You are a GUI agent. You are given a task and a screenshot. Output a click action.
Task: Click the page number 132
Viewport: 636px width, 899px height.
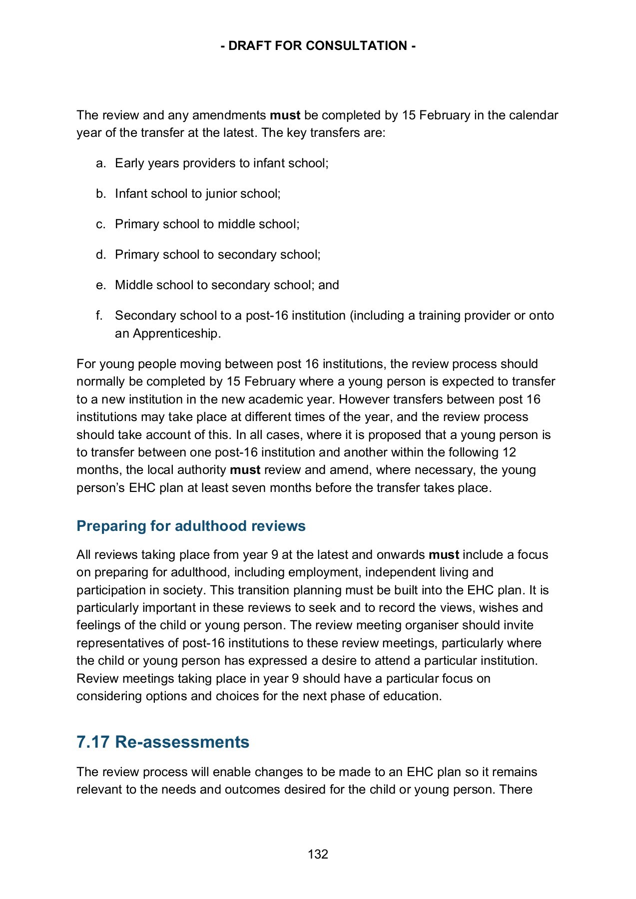coord(318,854)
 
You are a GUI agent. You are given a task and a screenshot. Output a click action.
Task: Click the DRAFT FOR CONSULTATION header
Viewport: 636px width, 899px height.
coord(318,46)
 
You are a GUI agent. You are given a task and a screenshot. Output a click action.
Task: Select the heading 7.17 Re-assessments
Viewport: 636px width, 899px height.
coord(162,742)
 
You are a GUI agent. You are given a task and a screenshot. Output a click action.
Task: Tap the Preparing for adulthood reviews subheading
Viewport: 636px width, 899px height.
coord(191,526)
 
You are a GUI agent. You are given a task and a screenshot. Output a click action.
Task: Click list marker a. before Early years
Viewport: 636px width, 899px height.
coord(101,163)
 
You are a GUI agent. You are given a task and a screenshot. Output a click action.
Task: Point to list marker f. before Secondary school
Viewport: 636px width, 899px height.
coord(99,316)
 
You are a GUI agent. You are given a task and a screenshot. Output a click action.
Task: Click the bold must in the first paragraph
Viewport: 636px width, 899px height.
coord(285,115)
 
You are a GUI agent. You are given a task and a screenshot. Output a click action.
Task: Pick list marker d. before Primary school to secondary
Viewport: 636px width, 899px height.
coord(101,255)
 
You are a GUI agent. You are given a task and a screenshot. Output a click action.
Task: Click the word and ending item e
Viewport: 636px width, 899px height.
coord(328,285)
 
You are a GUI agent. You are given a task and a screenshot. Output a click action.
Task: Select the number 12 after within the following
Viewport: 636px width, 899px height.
coord(509,452)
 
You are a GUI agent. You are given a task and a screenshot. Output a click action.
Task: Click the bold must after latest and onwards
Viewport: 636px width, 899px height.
coord(444,555)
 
